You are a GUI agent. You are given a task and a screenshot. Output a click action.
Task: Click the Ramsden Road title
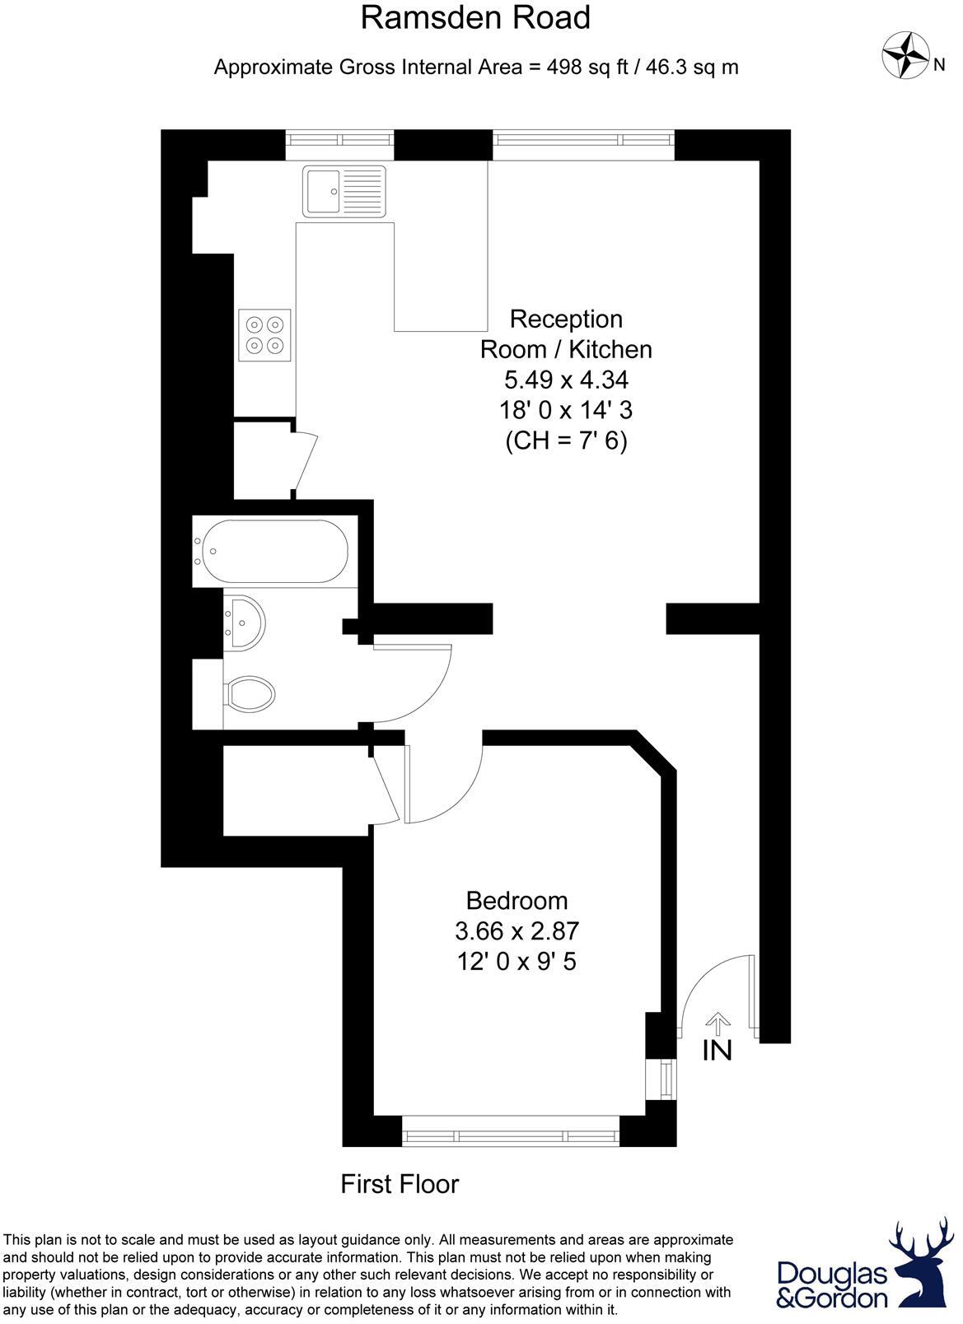pyautogui.click(x=475, y=18)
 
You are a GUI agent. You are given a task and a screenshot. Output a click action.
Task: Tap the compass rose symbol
pyautogui.click(x=905, y=54)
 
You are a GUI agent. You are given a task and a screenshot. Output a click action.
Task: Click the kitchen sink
pyautogui.click(x=344, y=191)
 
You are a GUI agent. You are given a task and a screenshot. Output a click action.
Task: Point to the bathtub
pyautogui.click(x=274, y=552)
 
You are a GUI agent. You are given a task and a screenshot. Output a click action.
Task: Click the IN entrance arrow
pyautogui.click(x=718, y=1024)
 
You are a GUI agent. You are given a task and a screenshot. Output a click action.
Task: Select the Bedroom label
pyautogui.click(x=517, y=900)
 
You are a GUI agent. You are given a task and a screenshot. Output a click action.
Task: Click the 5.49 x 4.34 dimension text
pyautogui.click(x=566, y=380)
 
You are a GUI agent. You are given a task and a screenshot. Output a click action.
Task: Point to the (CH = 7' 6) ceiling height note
pyautogui.click(x=566, y=441)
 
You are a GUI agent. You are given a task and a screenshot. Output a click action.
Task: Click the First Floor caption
pyautogui.click(x=400, y=1184)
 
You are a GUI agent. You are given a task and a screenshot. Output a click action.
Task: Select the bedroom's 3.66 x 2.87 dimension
pyautogui.click(x=517, y=931)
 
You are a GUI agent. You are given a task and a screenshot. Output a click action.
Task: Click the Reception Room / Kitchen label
pyautogui.click(x=566, y=333)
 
